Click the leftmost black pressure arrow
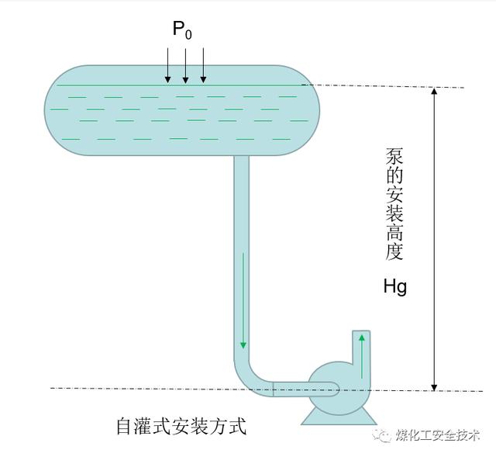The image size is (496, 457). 168,65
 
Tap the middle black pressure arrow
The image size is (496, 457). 186,65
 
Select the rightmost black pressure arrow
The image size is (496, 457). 203,65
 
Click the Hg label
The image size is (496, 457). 394,287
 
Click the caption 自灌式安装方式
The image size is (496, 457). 181,426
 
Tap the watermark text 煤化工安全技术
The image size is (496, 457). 439,434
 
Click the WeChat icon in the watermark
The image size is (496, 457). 382,434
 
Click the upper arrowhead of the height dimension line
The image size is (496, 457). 435,92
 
